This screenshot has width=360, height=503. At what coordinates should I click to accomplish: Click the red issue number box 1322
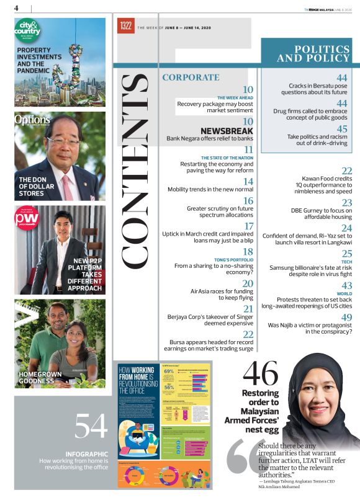(x=126, y=25)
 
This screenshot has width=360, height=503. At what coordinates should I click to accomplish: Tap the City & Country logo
(x=29, y=30)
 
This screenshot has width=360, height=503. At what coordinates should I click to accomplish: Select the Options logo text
(x=30, y=119)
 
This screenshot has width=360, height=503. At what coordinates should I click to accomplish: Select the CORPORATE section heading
(x=191, y=78)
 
